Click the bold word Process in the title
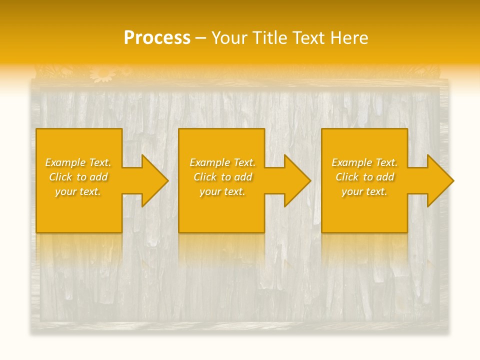coord(157,38)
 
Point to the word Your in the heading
coord(230,38)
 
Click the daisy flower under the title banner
coord(103,74)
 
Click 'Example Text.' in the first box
coord(78,162)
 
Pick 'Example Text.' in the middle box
coord(222,162)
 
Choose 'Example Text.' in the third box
coord(364,162)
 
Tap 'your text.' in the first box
coord(78,191)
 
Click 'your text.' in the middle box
coord(222,191)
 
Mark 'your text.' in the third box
coord(364,191)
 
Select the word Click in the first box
coord(60,177)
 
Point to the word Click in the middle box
coord(205,177)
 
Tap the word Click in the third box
coord(347,177)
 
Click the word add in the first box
coord(99,177)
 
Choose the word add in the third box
coord(385,177)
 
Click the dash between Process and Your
coord(201,38)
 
